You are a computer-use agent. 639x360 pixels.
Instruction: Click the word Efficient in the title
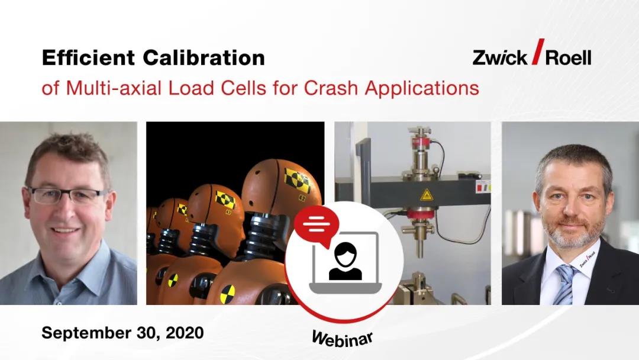(88, 57)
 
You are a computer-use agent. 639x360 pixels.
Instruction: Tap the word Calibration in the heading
(204, 57)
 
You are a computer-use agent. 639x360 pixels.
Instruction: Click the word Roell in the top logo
(568, 57)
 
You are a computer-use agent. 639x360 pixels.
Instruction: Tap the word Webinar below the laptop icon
(343, 339)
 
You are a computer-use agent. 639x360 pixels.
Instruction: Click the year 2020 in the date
(185, 333)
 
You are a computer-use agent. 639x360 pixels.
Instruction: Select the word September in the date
(85, 333)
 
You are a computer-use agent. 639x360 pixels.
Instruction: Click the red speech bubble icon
(316, 226)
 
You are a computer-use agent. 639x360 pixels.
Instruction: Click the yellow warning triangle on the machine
(426, 195)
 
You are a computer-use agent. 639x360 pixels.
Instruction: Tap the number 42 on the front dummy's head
(302, 198)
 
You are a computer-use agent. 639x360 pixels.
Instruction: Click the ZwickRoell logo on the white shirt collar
(588, 259)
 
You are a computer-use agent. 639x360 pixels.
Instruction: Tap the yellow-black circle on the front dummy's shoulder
(228, 294)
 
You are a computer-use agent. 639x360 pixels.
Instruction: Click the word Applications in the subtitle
(422, 88)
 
